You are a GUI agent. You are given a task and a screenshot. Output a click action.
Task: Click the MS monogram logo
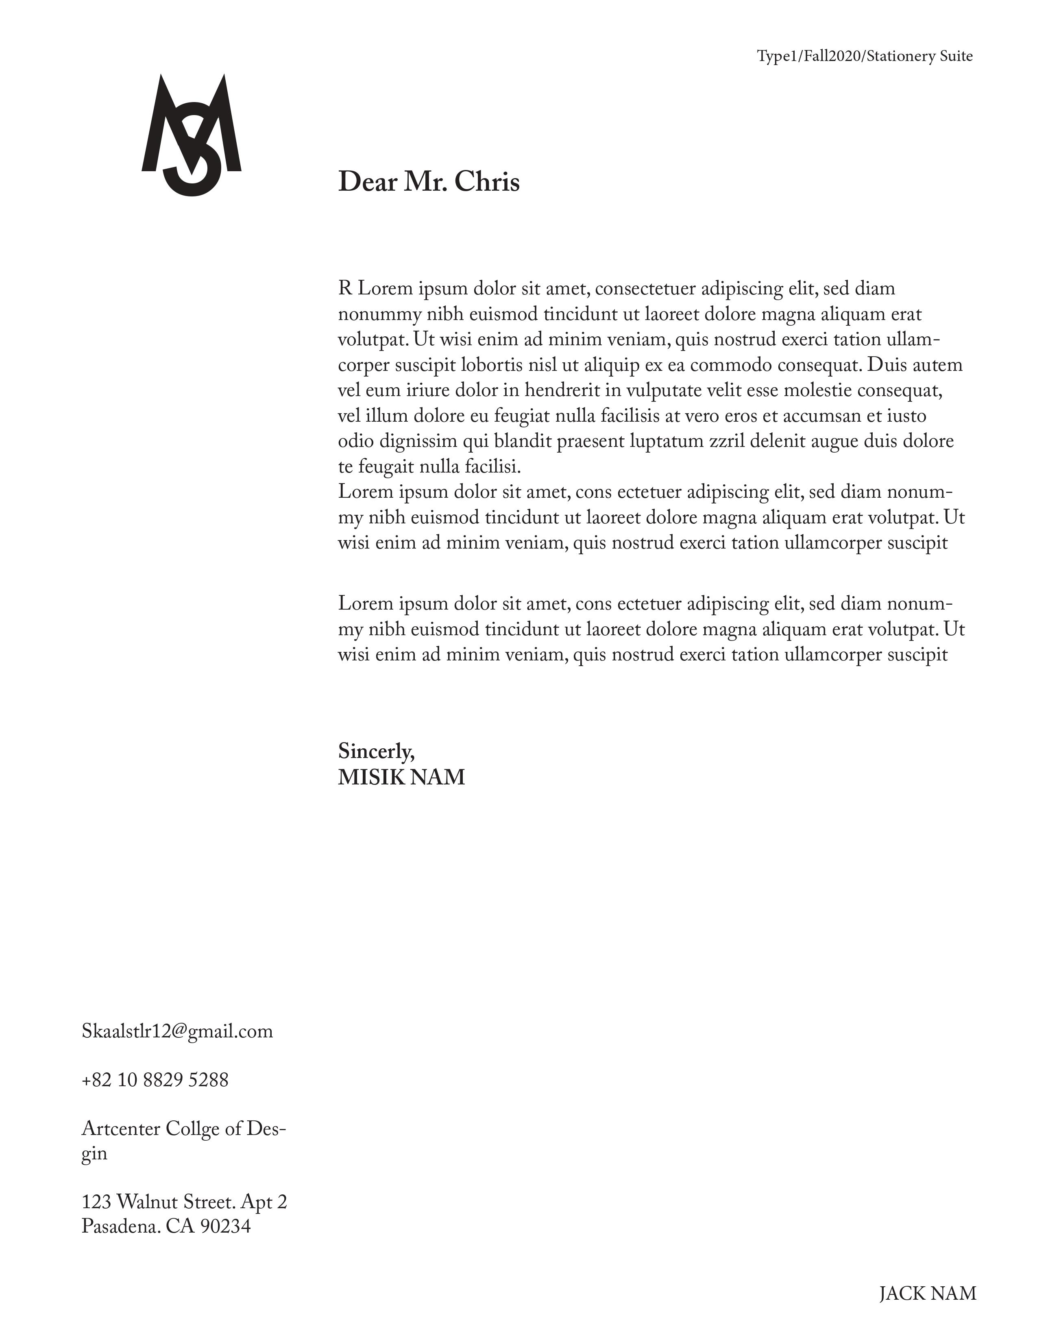[191, 134]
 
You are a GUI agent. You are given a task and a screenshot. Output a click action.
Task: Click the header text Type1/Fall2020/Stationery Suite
[865, 57]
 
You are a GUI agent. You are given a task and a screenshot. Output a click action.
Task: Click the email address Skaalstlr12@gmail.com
[177, 1031]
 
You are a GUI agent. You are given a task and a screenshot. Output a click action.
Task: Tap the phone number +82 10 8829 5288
[155, 1080]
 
